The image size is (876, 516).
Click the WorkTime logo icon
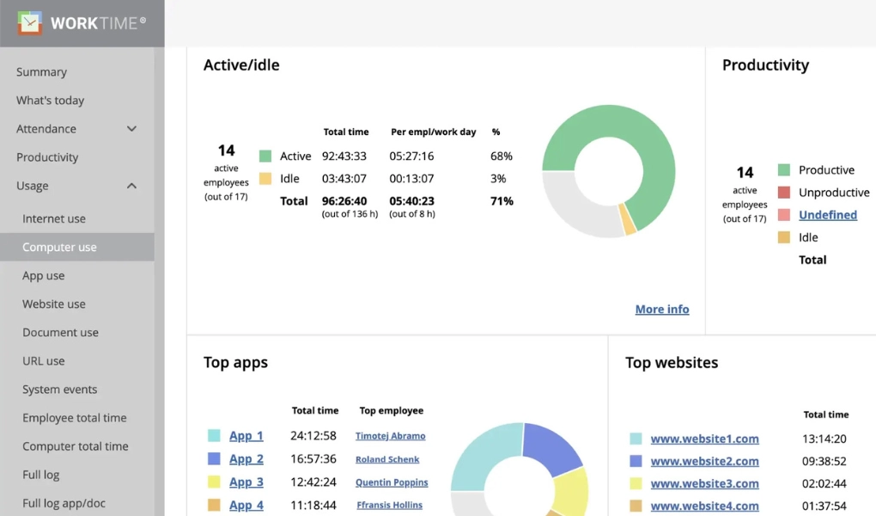29,23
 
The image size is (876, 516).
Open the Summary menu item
41,72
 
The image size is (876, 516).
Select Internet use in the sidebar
54,218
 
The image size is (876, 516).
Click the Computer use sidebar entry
59,247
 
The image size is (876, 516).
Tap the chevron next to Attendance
131,129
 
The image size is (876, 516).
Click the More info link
661,310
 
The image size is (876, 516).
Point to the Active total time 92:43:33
344,157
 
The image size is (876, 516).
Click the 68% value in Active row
502,157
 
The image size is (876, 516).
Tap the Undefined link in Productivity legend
827,215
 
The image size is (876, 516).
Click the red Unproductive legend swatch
783,193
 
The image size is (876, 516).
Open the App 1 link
246,436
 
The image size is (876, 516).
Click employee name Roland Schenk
387,459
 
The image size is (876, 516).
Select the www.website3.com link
704,483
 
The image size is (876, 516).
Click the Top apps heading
235,363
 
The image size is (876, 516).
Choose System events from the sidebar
59,390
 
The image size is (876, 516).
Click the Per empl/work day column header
433,132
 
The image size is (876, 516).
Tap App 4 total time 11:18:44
313,506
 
